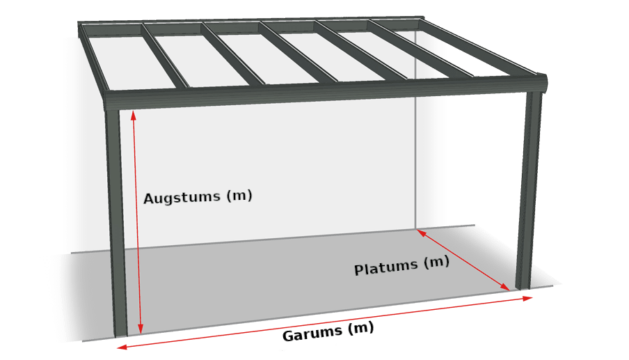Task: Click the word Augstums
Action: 182,198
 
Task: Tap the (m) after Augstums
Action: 239,196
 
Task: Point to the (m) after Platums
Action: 436,263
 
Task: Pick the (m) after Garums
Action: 360,328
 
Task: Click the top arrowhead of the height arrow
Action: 133,115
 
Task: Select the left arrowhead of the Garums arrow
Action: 122,347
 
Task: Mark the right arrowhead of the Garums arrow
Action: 527,298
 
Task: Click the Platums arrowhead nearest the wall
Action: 421,233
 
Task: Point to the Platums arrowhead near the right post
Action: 505,287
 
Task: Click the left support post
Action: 116,223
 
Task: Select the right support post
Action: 528,191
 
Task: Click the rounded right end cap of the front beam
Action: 541,84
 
